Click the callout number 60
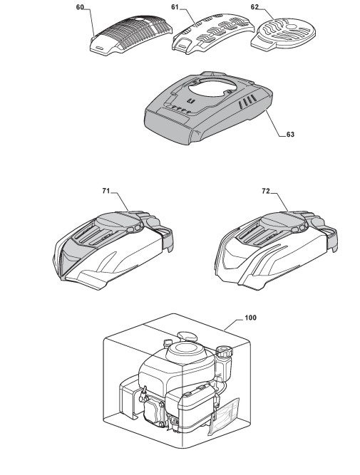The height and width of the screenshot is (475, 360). click(x=80, y=7)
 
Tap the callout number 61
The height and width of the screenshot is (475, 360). click(x=175, y=6)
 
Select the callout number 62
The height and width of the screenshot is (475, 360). click(x=254, y=6)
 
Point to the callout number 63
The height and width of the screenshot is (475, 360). click(x=290, y=134)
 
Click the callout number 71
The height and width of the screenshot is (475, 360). click(x=106, y=191)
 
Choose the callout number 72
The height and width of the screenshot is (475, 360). click(x=266, y=191)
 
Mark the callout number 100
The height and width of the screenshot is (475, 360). click(x=250, y=318)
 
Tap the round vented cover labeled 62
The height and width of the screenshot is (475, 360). click(x=284, y=33)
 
